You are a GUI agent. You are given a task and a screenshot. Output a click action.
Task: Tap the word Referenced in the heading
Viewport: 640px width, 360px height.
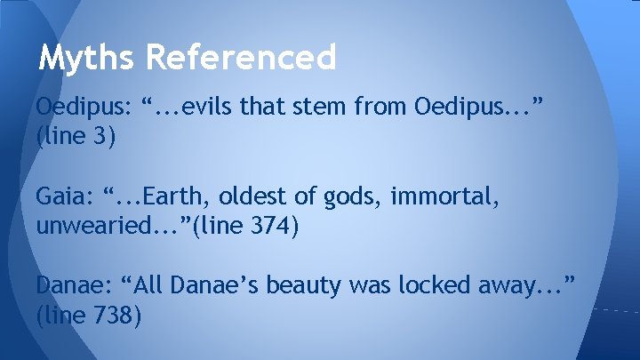(241, 59)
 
